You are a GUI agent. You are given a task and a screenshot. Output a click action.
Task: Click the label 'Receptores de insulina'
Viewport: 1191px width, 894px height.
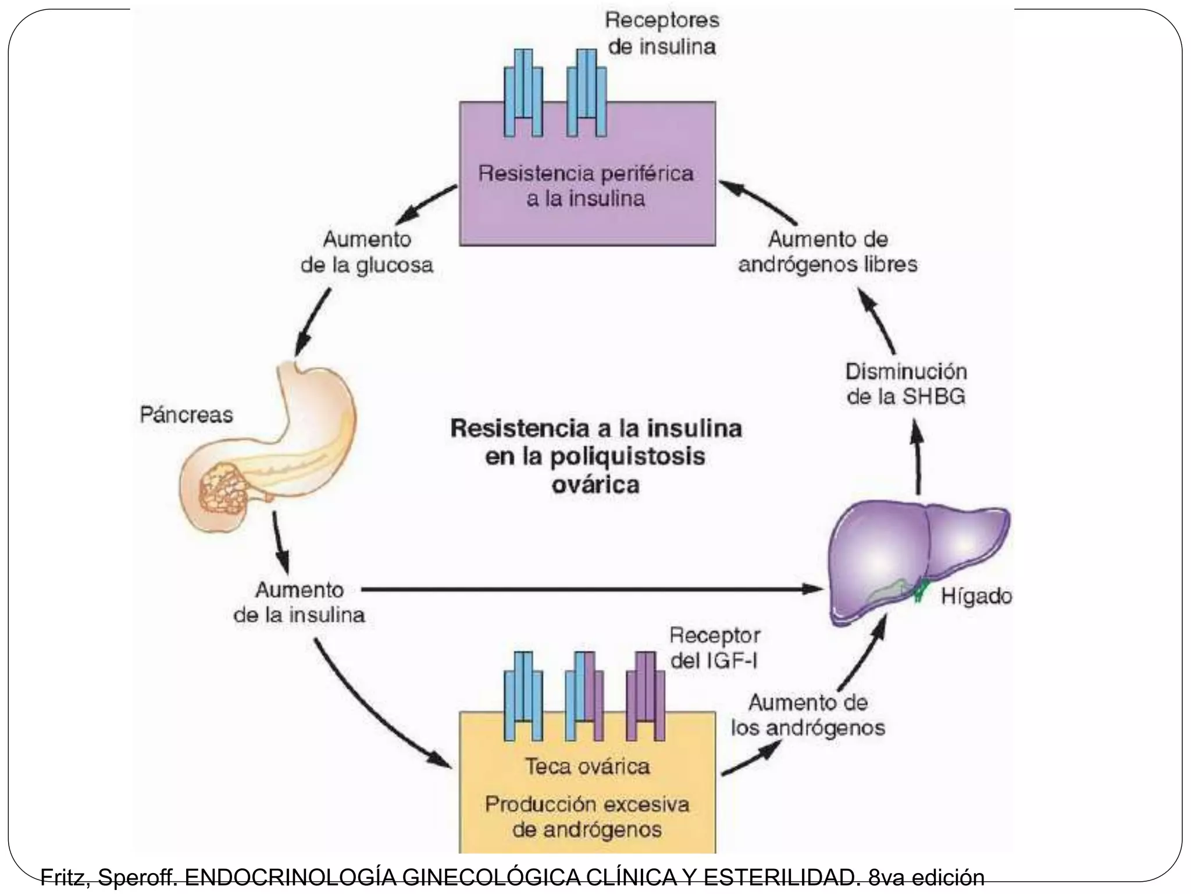(662, 33)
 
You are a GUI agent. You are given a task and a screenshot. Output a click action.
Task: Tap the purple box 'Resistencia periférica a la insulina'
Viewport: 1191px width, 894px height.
(587, 186)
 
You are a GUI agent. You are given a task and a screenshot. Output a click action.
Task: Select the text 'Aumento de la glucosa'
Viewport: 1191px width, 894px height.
(367, 252)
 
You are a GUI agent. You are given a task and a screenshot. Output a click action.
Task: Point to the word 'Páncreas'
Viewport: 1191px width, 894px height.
(186, 415)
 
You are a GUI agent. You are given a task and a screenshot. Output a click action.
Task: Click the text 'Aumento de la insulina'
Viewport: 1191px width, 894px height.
(299, 602)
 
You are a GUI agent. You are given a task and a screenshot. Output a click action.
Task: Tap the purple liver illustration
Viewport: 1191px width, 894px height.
(907, 553)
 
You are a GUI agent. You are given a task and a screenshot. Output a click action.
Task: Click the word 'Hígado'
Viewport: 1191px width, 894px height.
(976, 596)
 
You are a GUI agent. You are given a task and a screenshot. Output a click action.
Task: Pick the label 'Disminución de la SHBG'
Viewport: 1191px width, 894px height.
(905, 384)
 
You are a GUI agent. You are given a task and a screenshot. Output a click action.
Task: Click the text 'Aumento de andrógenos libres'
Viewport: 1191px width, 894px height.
(828, 252)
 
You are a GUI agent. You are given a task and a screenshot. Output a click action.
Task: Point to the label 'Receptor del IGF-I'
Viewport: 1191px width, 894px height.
(715, 648)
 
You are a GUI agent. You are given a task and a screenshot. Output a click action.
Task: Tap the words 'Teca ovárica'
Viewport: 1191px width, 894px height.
(587, 766)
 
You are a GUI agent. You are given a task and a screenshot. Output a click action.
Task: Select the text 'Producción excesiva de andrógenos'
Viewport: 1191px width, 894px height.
(587, 817)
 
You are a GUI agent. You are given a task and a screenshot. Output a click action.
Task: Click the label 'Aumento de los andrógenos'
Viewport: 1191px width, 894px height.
(808, 715)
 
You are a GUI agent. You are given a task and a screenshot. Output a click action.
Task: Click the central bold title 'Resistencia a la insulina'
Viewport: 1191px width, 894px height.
(596, 429)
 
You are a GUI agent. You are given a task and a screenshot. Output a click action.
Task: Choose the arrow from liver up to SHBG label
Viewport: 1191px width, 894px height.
(918, 460)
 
